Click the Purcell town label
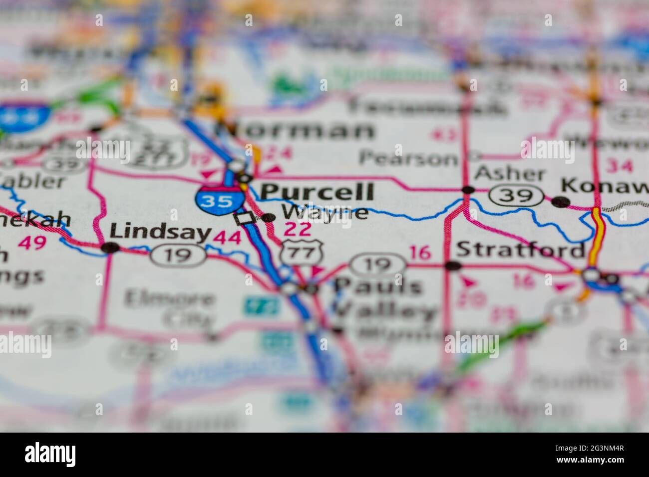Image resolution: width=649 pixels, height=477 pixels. tap(317, 192)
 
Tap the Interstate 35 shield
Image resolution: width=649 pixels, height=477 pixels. tap(220, 201)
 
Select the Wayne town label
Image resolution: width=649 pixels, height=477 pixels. tap(325, 213)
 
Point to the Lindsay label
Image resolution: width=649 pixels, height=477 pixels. tap(160, 232)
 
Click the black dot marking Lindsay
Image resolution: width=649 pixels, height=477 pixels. tap(110, 247)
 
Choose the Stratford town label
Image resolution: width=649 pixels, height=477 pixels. tap(520, 249)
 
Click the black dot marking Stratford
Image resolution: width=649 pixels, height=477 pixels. tap(453, 266)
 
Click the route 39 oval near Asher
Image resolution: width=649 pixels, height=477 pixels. tap(516, 195)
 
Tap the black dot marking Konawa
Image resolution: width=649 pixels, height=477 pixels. tap(561, 202)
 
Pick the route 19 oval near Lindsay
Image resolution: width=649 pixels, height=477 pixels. tap(179, 255)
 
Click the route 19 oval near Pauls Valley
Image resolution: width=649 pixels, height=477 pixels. tap(377, 264)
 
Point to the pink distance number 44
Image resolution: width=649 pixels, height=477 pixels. tap(227, 238)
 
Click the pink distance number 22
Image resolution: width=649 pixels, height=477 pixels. tap(298, 230)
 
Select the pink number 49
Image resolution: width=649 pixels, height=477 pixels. tap(32, 243)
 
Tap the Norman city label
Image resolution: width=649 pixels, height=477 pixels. tap(295, 131)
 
